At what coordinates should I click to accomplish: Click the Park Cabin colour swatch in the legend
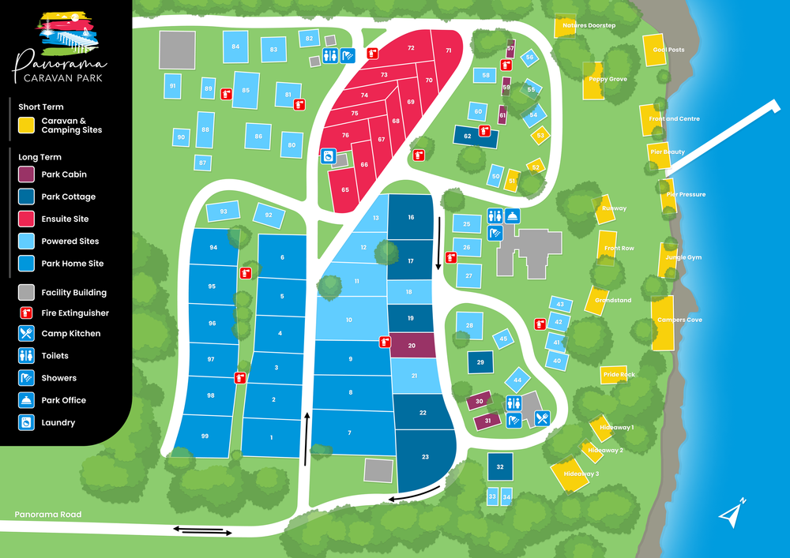click(x=27, y=174)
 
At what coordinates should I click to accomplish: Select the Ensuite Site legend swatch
click(x=27, y=219)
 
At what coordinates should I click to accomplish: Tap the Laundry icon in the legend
click(x=27, y=422)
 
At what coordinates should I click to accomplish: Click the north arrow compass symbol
click(x=732, y=511)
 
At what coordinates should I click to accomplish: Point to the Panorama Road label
click(x=47, y=515)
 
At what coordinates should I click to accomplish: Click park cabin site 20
click(x=412, y=346)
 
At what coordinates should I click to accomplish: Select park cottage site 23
click(x=425, y=458)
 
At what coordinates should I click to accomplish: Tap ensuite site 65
click(x=345, y=190)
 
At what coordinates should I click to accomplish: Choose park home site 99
click(x=205, y=436)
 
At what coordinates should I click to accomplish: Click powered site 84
click(x=235, y=47)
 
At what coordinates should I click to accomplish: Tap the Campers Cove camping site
click(x=662, y=320)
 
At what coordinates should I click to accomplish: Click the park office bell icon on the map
click(x=512, y=215)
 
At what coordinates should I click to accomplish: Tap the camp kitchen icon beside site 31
click(x=542, y=419)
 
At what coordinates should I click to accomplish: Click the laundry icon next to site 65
click(x=327, y=157)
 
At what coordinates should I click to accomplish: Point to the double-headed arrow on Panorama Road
click(x=203, y=530)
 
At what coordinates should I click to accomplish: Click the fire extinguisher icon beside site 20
click(x=386, y=342)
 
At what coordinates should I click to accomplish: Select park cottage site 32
click(x=500, y=467)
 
